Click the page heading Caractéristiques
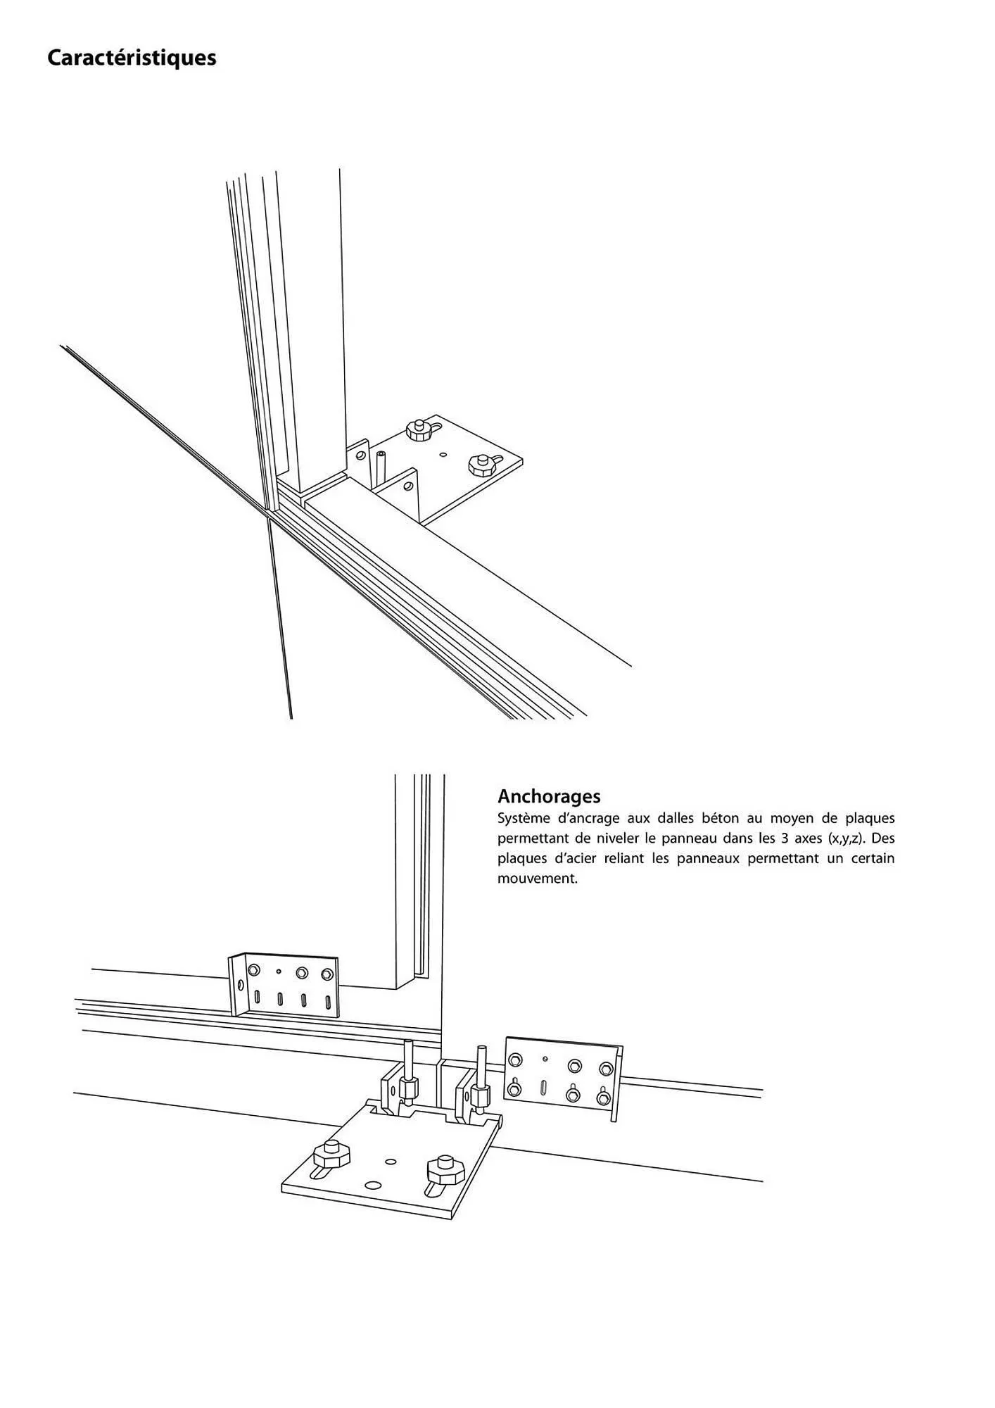pyautogui.click(x=132, y=58)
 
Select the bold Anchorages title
pyautogui.click(x=549, y=796)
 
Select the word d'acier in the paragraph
pyautogui.click(x=580, y=858)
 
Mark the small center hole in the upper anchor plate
pyautogui.click(x=443, y=455)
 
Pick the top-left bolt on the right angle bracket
pyautogui.click(x=516, y=1060)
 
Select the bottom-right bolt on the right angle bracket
pyautogui.click(x=603, y=1097)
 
